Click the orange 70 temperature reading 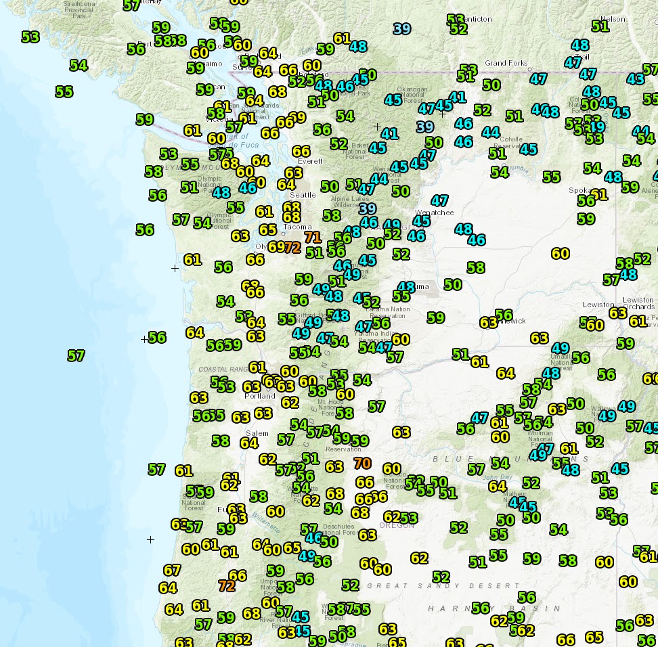[x=362, y=464]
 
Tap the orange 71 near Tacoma [x=312, y=237]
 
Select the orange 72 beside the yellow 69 [x=292, y=247]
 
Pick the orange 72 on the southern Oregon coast [x=227, y=585]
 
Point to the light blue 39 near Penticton [x=402, y=28]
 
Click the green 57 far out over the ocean [x=76, y=355]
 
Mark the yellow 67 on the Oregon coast [x=172, y=571]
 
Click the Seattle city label [x=303, y=195]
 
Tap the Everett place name [x=311, y=161]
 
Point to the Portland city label [x=260, y=396]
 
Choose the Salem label [x=257, y=433]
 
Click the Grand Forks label [x=506, y=63]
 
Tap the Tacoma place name [x=298, y=227]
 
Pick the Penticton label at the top [x=477, y=19]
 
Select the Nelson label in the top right [x=613, y=19]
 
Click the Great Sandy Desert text [x=443, y=586]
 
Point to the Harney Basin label [x=474, y=608]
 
